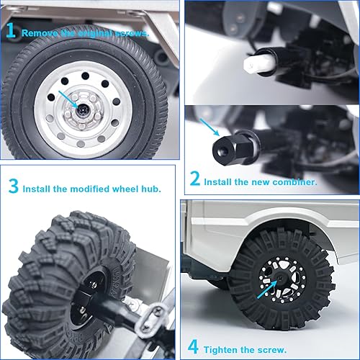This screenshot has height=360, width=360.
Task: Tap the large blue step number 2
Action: coord(194,179)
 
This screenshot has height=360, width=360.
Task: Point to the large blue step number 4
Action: coord(192,347)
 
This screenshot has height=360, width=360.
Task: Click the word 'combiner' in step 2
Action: coord(294,182)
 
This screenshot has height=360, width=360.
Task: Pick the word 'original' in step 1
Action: coord(97,33)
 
